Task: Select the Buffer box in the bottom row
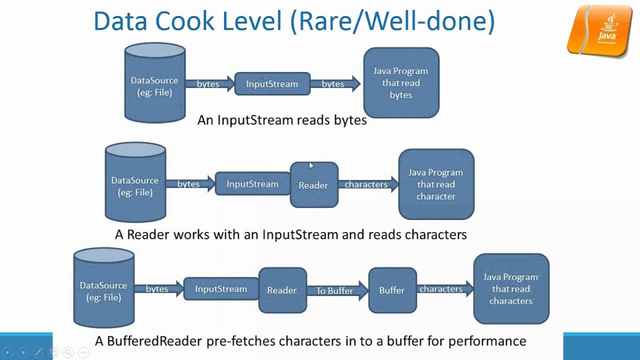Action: click(x=392, y=290)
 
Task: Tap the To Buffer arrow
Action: click(x=336, y=290)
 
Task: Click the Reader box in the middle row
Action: click(x=313, y=185)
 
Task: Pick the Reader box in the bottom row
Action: click(x=282, y=290)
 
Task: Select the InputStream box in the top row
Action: click(x=272, y=84)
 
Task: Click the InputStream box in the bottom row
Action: click(x=221, y=289)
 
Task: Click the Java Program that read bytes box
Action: click(x=401, y=83)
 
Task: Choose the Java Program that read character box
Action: click(x=436, y=184)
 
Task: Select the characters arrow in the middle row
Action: click(x=367, y=184)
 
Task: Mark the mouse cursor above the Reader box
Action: click(x=311, y=166)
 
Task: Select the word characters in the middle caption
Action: click(x=435, y=234)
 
